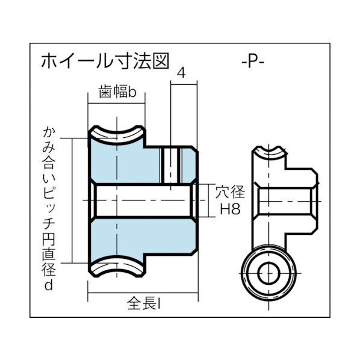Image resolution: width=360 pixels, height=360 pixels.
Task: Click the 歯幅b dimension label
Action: point(117,93)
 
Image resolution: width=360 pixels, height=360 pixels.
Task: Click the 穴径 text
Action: point(230,193)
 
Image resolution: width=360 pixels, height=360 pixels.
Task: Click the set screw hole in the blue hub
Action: point(172,164)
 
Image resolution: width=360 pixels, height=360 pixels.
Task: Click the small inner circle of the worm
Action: point(268,275)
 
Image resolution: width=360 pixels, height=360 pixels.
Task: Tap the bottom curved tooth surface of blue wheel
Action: point(117,265)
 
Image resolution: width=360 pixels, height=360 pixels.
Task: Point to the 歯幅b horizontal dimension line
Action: point(117,104)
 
